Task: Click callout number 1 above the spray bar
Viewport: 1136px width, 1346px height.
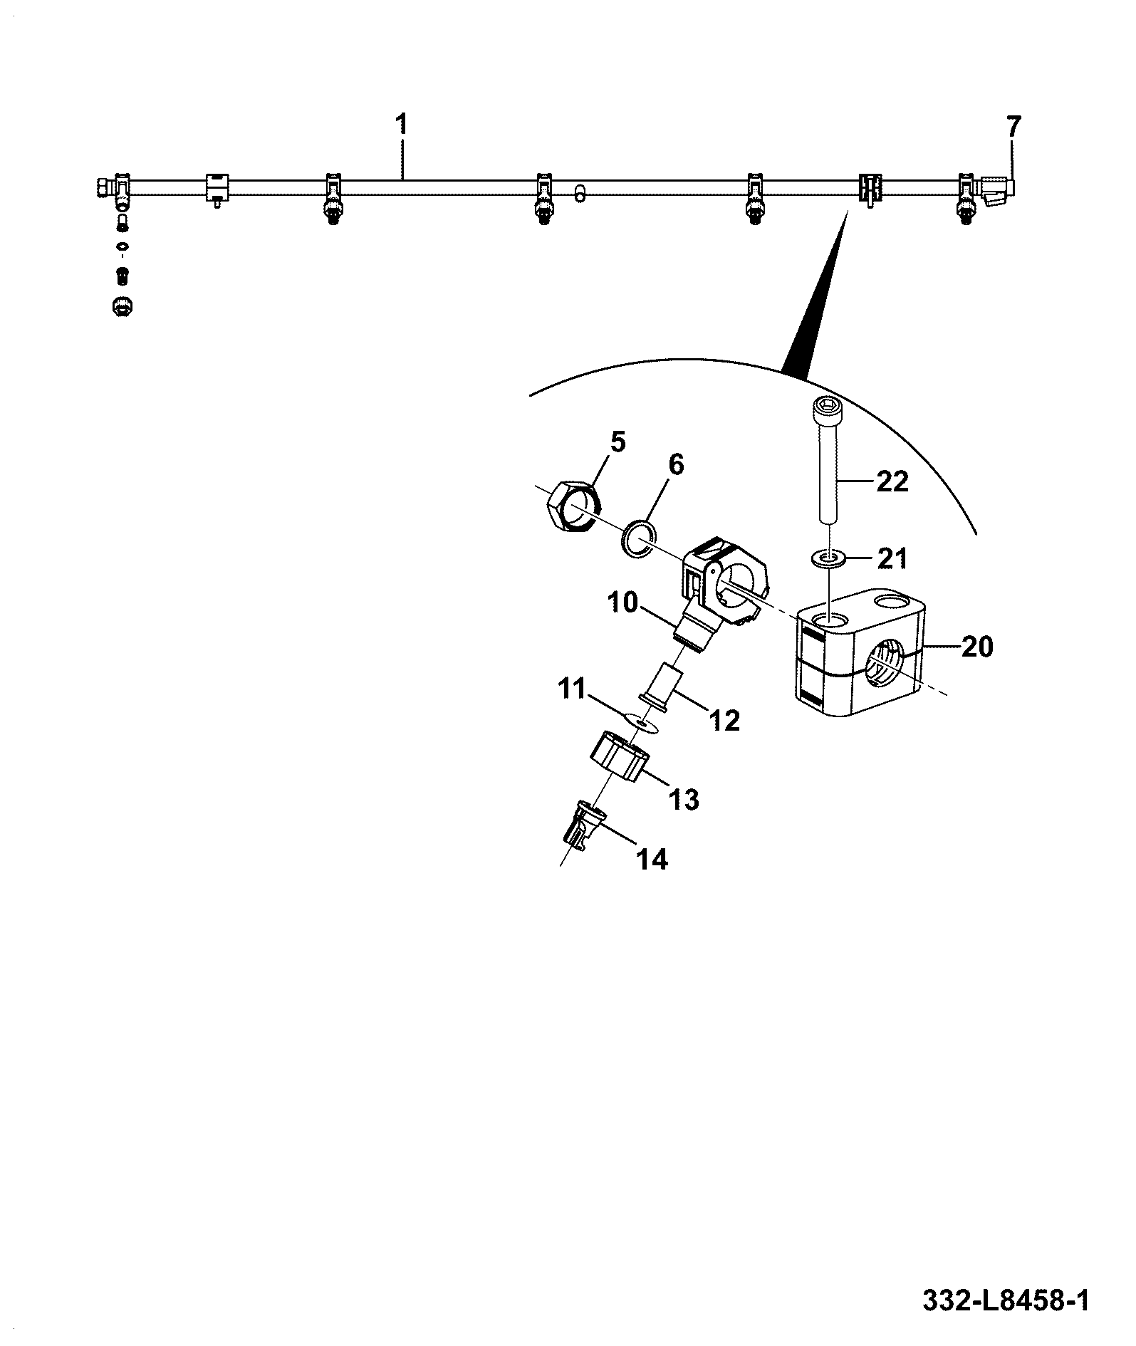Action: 401,125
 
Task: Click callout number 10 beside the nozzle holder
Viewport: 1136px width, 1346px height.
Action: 624,602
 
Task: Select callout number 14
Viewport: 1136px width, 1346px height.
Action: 652,860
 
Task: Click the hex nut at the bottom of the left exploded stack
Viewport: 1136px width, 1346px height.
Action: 123,306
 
